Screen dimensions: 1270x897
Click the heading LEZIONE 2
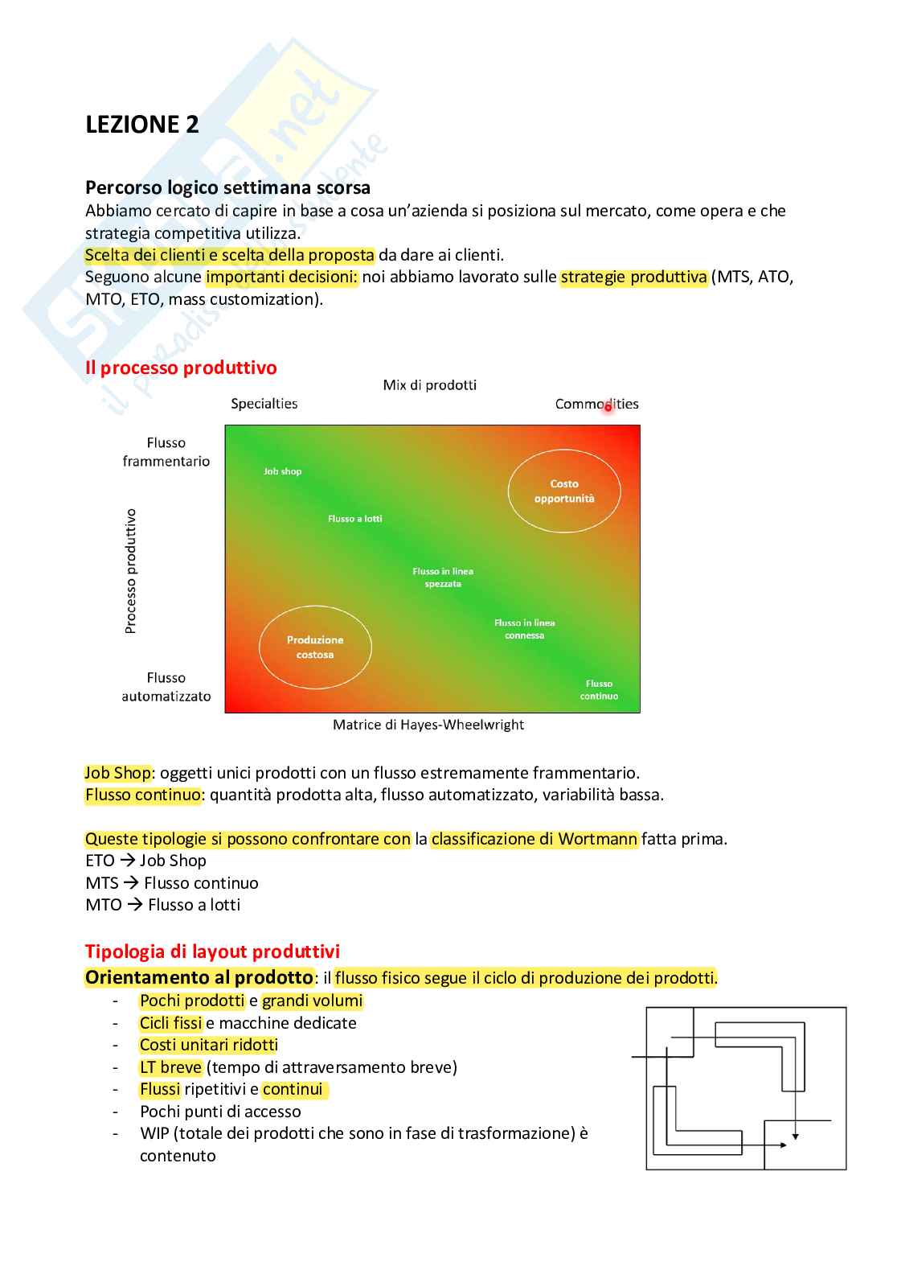(141, 125)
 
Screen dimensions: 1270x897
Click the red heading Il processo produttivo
(181, 368)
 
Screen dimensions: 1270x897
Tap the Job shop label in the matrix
(282, 471)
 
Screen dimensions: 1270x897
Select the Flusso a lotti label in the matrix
(354, 519)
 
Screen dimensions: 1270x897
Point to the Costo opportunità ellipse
(564, 491)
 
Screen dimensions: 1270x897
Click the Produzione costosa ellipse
(315, 647)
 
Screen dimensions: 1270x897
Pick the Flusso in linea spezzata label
(443, 577)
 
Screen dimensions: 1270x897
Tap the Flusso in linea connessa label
(524, 629)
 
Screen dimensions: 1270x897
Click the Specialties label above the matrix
(264, 404)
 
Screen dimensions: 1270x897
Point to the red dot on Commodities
(608, 407)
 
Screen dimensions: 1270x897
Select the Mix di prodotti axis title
(429, 385)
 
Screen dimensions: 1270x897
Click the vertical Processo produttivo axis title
(131, 571)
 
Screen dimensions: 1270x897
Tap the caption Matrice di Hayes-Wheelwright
(428, 725)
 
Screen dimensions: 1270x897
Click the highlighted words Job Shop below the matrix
(118, 773)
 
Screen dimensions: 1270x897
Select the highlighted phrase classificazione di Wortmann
(535, 839)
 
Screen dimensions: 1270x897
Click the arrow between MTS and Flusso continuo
(131, 883)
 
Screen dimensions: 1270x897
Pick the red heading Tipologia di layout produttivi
(212, 951)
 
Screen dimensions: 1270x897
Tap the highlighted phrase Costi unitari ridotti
(208, 1045)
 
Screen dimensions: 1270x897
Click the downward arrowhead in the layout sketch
(795, 1136)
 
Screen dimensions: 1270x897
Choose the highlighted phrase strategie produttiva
(634, 277)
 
